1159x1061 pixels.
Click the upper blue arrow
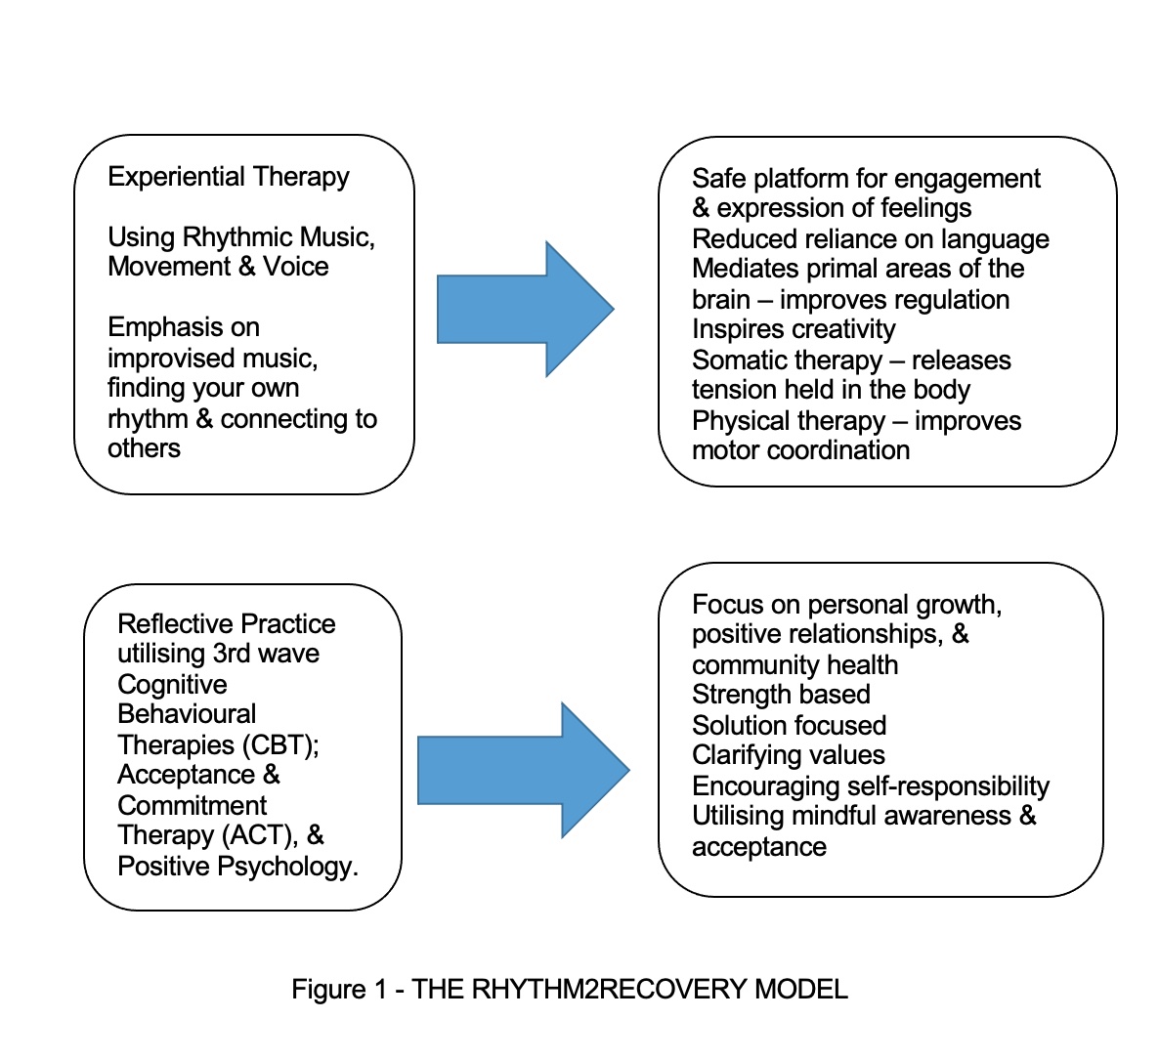526,309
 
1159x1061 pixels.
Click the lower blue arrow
524,770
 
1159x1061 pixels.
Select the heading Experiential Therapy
229,178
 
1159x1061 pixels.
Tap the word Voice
296,267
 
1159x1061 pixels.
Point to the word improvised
171,359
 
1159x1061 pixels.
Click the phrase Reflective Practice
226,624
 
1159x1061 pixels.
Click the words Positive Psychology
237,867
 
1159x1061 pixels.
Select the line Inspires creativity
794,329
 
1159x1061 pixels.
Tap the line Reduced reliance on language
871,239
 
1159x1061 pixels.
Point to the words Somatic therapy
788,361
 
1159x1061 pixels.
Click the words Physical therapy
789,421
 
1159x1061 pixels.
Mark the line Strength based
781,695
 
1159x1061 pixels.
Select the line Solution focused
789,726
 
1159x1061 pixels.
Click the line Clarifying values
789,755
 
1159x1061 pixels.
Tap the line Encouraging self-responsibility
871,786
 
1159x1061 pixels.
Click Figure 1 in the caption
338,990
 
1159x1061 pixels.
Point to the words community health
794,665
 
